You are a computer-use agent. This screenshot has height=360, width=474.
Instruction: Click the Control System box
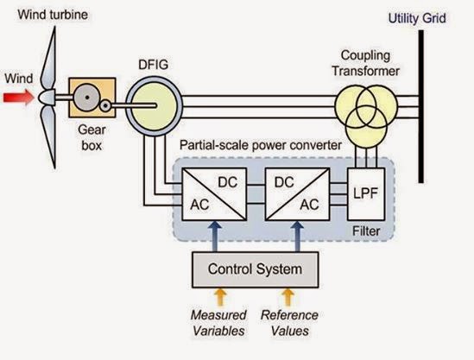click(x=256, y=269)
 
